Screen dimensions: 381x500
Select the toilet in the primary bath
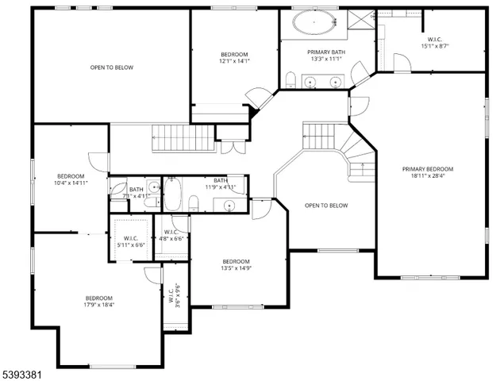pyautogui.click(x=290, y=79)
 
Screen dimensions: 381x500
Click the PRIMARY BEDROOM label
pyautogui.click(x=427, y=169)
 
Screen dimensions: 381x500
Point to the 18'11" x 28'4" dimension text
pyautogui.click(x=427, y=177)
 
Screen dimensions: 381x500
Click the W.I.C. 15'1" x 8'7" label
pyautogui.click(x=434, y=43)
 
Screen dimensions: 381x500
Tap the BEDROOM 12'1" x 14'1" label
pyautogui.click(x=234, y=57)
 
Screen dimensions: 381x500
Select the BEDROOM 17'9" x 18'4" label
pyautogui.click(x=99, y=301)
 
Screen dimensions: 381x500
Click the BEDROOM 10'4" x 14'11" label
pyautogui.click(x=71, y=179)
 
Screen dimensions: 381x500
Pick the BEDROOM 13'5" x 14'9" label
pyautogui.click(x=236, y=266)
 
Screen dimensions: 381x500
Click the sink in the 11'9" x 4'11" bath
pyautogui.click(x=229, y=206)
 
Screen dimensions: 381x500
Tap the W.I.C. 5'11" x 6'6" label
pyautogui.click(x=131, y=242)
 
